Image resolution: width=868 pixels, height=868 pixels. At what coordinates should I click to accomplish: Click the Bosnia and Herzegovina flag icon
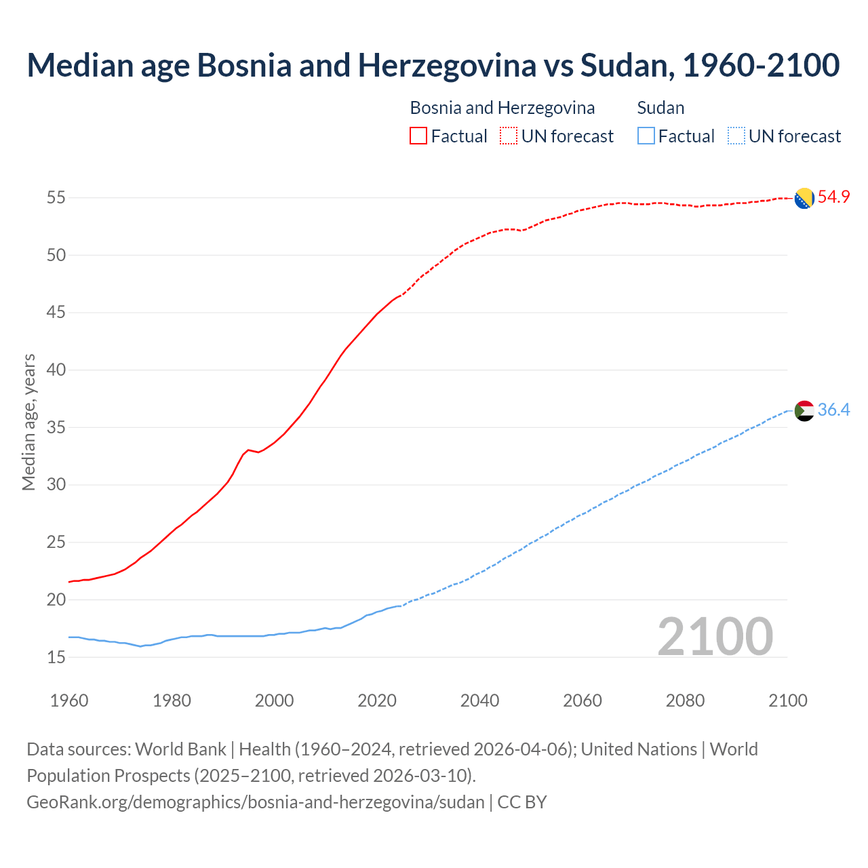tap(804, 198)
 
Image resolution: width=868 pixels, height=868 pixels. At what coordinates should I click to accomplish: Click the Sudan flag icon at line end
tap(804, 410)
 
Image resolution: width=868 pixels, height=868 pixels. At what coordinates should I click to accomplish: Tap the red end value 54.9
tap(833, 197)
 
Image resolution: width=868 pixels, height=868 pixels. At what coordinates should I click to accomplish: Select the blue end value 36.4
tap(833, 410)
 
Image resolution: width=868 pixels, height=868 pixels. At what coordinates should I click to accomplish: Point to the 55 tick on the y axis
tap(56, 198)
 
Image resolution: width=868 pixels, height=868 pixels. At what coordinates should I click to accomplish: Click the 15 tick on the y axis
tap(56, 657)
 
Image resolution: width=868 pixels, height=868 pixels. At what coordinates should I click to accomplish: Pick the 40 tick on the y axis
tap(56, 370)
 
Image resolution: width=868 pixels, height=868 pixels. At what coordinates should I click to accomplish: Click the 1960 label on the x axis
tap(69, 701)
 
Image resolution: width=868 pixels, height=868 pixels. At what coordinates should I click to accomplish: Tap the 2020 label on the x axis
tap(377, 701)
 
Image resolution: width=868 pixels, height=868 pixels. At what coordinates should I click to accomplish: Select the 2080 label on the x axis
tap(685, 701)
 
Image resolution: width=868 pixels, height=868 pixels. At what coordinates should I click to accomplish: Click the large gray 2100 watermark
tap(715, 637)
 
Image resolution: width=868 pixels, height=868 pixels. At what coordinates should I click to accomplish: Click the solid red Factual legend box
tap(418, 136)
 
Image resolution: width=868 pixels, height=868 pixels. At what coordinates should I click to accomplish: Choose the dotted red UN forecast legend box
tap(509, 136)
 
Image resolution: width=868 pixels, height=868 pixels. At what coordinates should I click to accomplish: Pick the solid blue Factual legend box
tap(646, 136)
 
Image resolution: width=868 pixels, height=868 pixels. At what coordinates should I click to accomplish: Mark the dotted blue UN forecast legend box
tap(736, 136)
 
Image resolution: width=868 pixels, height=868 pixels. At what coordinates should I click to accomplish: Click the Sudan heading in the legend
tap(660, 108)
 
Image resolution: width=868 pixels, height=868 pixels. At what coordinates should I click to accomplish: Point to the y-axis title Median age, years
tap(28, 422)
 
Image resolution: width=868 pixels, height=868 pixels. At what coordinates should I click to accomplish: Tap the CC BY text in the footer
tap(522, 802)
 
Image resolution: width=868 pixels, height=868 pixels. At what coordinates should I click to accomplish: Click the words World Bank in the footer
tap(180, 749)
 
